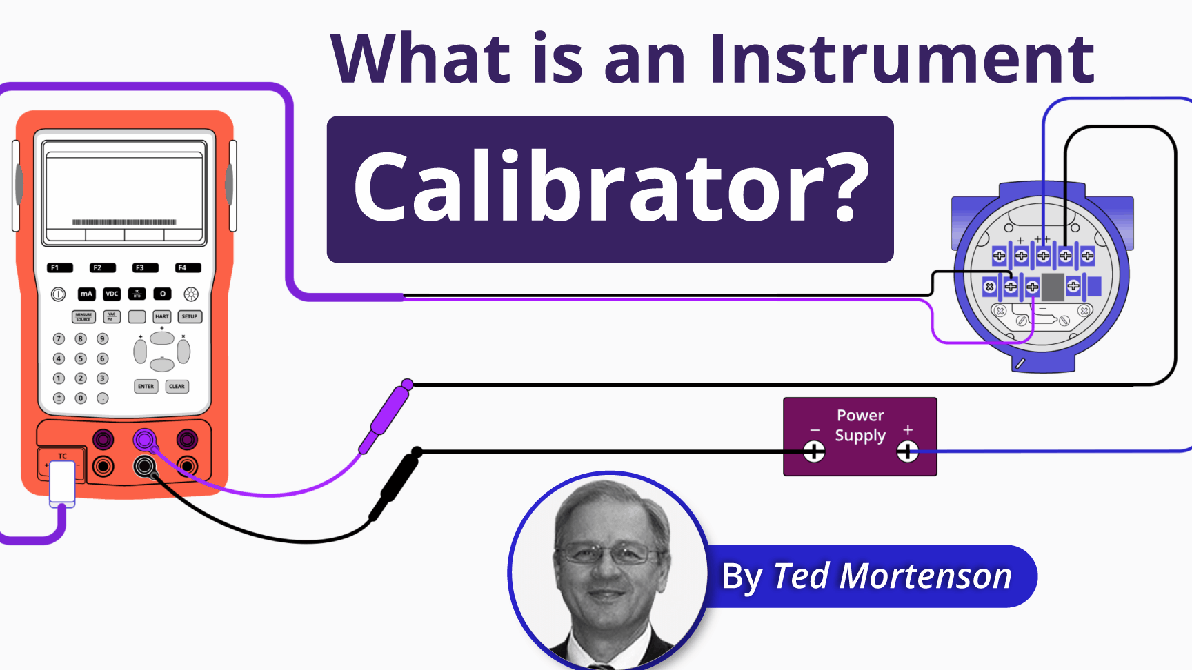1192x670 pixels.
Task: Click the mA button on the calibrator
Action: pyautogui.click(x=86, y=294)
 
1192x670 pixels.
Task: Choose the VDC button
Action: pyautogui.click(x=112, y=294)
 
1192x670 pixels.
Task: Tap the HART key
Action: pyautogui.click(x=162, y=316)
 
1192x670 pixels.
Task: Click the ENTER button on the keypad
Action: pyautogui.click(x=146, y=386)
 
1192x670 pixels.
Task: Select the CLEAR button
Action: pyautogui.click(x=177, y=386)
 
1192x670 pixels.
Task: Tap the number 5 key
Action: pyautogui.click(x=81, y=358)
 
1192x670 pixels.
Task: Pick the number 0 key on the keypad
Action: pyautogui.click(x=81, y=398)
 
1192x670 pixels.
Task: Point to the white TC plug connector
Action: pyautogui.click(x=62, y=483)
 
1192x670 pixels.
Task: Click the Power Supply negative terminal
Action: pyautogui.click(x=814, y=452)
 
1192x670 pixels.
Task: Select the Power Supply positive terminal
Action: pyautogui.click(x=907, y=452)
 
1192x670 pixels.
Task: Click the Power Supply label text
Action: pyautogui.click(x=860, y=425)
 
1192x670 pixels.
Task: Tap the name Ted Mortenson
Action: pyautogui.click(x=892, y=576)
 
